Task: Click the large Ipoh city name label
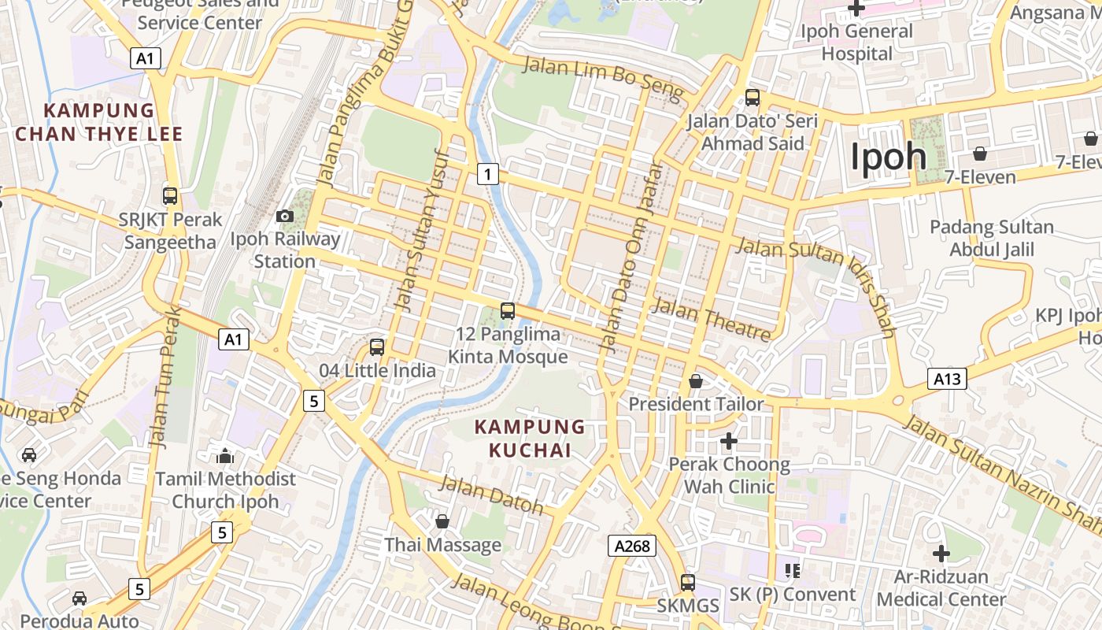(x=888, y=156)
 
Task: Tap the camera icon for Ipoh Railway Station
(x=285, y=216)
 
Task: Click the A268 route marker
(x=631, y=546)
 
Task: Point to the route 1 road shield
(x=487, y=173)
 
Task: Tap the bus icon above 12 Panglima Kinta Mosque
(x=508, y=310)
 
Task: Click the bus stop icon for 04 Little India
(x=377, y=346)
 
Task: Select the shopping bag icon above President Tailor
(x=696, y=382)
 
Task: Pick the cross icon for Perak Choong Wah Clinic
(x=729, y=441)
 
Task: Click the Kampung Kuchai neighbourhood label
(x=530, y=439)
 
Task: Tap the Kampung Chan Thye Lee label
(x=99, y=122)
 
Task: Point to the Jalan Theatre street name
(x=711, y=319)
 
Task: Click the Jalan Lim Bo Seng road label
(x=602, y=78)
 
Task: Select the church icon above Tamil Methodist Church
(x=225, y=455)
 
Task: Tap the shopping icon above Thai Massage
(x=442, y=521)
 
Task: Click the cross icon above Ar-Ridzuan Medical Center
(x=941, y=553)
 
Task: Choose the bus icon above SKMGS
(x=688, y=582)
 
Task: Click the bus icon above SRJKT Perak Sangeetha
(x=170, y=195)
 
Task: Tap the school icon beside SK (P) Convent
(x=792, y=570)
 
